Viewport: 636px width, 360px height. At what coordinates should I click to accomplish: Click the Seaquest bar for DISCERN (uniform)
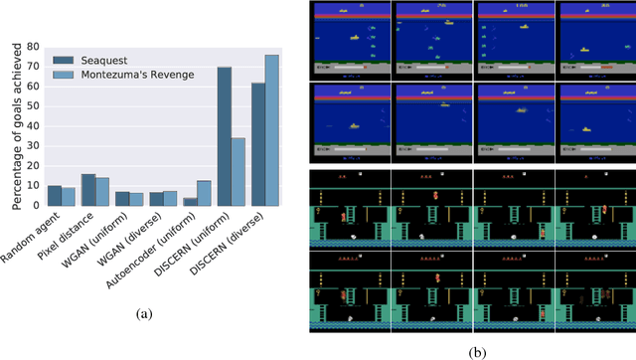point(225,136)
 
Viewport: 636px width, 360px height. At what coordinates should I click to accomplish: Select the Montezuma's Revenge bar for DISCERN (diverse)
point(271,130)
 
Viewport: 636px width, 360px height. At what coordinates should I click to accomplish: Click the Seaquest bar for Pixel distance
point(88,190)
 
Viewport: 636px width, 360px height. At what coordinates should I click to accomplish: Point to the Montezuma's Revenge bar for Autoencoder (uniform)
point(205,193)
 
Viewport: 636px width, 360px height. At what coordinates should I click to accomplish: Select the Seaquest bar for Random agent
point(55,195)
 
